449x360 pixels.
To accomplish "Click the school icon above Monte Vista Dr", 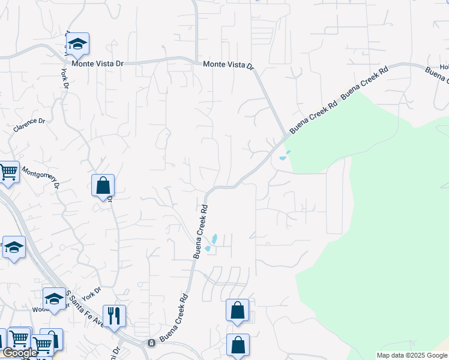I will [77, 44].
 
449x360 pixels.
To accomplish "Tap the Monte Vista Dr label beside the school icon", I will [97, 62].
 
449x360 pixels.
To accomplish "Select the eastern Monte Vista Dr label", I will [229, 65].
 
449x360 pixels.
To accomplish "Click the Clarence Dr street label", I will [29, 124].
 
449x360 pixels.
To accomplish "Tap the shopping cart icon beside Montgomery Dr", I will [8, 172].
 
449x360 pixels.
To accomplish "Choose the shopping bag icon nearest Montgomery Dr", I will [103, 185].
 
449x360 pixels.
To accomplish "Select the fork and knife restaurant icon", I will [114, 315].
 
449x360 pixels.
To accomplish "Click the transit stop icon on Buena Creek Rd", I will [151, 343].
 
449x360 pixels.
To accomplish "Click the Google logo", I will [19, 353].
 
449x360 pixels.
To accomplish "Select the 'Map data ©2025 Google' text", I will [412, 355].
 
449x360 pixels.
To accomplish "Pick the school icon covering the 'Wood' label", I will [54, 299].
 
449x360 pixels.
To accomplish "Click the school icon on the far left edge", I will [13, 248].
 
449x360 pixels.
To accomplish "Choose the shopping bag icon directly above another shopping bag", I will [238, 310].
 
